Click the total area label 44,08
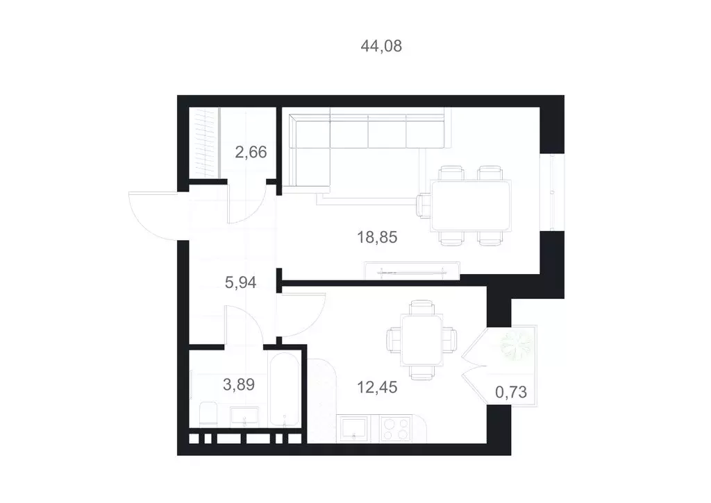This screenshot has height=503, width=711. (381, 46)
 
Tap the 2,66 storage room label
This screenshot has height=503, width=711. (251, 151)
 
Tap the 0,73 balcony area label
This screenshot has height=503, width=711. (510, 392)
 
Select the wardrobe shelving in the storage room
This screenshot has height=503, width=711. (205, 144)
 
